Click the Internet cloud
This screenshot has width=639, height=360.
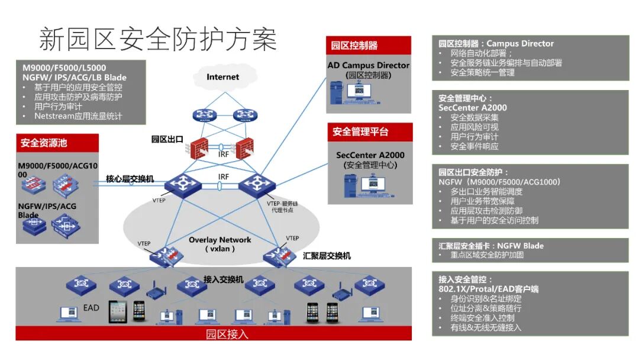click(222, 77)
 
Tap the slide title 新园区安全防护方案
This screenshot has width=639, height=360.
click(158, 39)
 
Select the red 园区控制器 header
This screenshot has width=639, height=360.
click(354, 46)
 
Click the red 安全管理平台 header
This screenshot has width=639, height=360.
click(360, 131)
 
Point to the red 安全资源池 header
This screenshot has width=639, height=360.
click(43, 143)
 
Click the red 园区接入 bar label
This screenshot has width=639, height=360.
click(227, 334)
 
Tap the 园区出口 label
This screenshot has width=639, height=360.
click(167, 140)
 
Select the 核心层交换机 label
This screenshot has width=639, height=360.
click(130, 178)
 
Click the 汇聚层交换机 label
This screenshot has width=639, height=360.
click(327, 256)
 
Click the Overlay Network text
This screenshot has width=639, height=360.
click(220, 240)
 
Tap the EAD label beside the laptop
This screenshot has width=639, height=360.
click(91, 308)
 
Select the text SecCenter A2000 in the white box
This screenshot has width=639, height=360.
click(370, 155)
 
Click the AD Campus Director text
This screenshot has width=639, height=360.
click(369, 65)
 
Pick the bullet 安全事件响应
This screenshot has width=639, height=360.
click(474, 146)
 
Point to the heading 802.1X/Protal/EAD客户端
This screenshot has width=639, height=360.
click(489, 289)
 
